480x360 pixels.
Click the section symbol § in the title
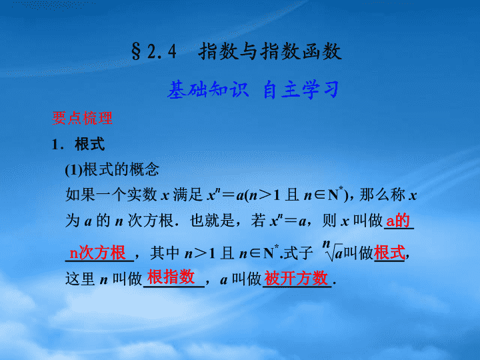click(137, 51)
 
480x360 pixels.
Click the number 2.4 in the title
click(162, 51)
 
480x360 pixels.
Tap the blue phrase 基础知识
click(208, 90)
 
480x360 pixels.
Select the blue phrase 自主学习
click(301, 90)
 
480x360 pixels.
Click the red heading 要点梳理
click(83, 118)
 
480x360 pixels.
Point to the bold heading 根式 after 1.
click(90, 144)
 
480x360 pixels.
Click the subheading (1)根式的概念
click(112, 169)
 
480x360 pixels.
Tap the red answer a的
click(397, 220)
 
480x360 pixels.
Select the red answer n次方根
click(97, 253)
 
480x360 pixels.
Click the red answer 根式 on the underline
click(389, 253)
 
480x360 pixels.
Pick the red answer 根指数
click(171, 277)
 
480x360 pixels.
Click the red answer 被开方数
click(296, 278)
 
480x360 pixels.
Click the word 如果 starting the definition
click(80, 195)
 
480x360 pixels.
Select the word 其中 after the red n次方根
click(165, 253)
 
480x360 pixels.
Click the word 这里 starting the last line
click(80, 279)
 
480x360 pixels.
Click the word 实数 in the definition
click(142, 195)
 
